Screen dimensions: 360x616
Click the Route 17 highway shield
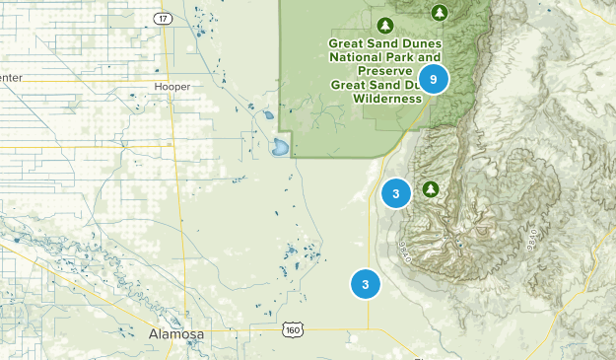164,19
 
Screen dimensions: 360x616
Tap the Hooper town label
172,87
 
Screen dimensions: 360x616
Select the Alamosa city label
176,334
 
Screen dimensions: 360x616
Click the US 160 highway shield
291,328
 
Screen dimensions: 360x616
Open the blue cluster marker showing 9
433,79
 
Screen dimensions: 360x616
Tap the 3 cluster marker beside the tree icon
395,193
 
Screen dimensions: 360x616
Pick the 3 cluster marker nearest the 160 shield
365,285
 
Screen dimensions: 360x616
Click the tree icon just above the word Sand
386,25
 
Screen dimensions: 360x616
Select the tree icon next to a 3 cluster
430,188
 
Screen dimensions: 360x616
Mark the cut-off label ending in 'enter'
10,78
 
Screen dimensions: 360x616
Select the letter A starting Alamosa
154,334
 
